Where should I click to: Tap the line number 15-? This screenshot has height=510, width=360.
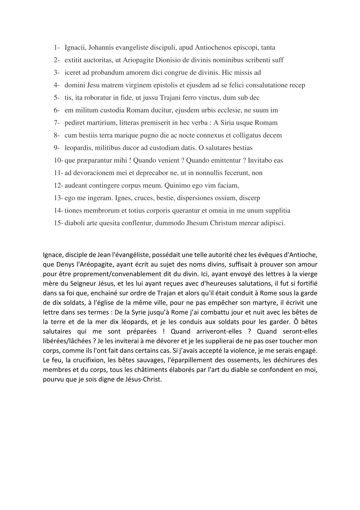pyautogui.click(x=58, y=223)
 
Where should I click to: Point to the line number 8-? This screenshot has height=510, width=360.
pyautogui.click(x=57, y=135)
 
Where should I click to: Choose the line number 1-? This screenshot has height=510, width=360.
pyautogui.click(x=57, y=48)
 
